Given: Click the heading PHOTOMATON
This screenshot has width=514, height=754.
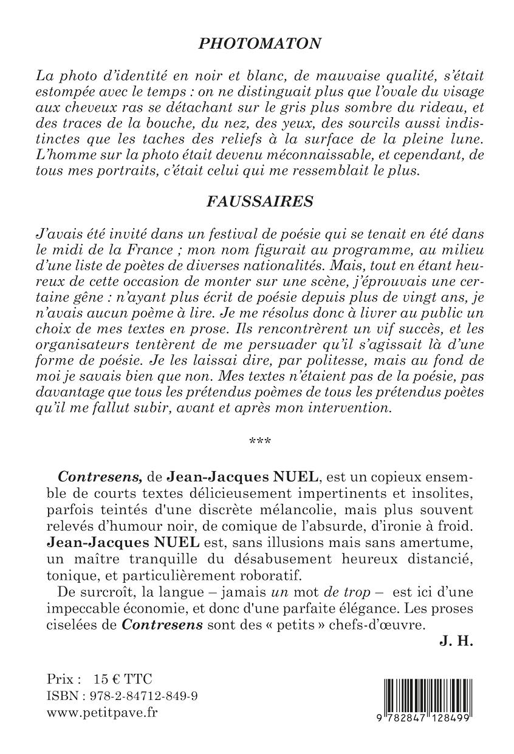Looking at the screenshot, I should tap(261, 44).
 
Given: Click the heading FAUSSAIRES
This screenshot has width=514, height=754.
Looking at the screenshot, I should tap(261, 202).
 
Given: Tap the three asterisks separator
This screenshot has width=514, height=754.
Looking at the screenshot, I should tap(256, 440).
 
